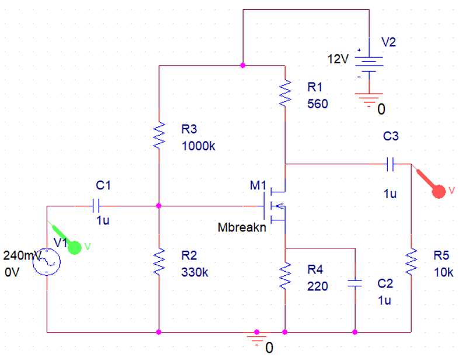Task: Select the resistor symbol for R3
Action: (x=158, y=136)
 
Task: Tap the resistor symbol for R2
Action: (x=158, y=261)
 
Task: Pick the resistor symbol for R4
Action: (x=285, y=275)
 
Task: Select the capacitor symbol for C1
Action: (x=97, y=206)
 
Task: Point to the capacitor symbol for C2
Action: (x=355, y=283)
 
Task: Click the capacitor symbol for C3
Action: (x=391, y=164)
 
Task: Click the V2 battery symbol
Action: (x=369, y=65)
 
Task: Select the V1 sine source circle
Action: (x=46, y=261)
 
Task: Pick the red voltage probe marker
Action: (x=439, y=191)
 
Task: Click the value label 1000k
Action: (x=199, y=146)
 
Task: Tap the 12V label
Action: (x=338, y=60)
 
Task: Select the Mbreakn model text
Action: (x=242, y=228)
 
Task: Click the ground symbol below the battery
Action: (x=369, y=101)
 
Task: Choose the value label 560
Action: (x=318, y=104)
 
